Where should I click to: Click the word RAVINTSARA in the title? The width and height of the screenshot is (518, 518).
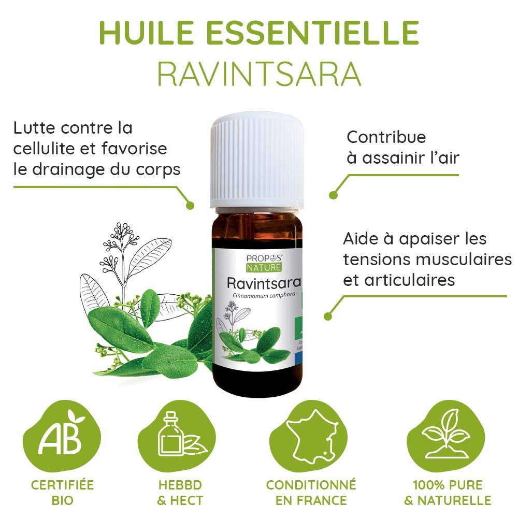259,74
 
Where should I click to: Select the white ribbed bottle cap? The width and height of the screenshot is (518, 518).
256,161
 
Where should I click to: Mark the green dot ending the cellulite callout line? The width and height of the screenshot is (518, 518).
190,206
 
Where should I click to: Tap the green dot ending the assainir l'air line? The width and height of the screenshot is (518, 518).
333,195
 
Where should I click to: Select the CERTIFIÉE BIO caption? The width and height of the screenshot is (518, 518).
63,493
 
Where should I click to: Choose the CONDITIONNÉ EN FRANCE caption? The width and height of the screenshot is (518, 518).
311,493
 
